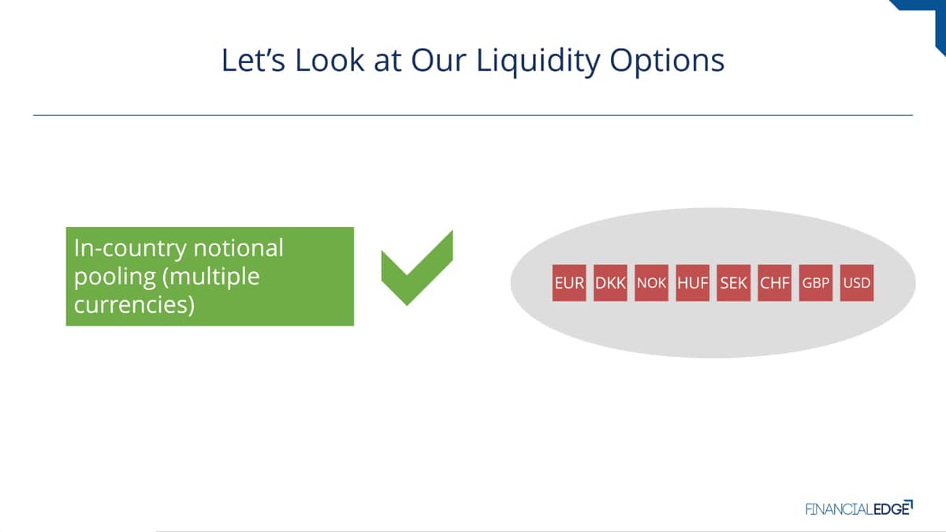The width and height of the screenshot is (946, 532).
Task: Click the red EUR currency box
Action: [x=569, y=283]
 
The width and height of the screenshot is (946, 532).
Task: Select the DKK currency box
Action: [x=610, y=283]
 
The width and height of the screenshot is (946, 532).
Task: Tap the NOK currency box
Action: [x=651, y=283]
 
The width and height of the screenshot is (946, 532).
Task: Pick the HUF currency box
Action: [x=693, y=283]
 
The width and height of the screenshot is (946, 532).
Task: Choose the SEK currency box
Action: [x=734, y=283]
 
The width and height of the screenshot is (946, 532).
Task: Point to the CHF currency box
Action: [x=774, y=283]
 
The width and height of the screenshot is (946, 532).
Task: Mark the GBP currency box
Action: [x=815, y=283]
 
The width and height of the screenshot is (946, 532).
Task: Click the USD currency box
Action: [x=857, y=283]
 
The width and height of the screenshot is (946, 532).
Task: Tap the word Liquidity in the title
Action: [x=538, y=61]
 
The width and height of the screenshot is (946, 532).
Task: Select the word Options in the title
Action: [x=667, y=61]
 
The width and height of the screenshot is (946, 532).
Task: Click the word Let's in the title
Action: [x=253, y=60]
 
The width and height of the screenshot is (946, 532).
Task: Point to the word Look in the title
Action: [x=330, y=60]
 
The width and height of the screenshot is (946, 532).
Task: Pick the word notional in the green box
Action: [x=238, y=247]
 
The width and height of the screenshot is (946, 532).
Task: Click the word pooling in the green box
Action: [x=115, y=278]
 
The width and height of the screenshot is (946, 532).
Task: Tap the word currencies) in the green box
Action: [x=134, y=305]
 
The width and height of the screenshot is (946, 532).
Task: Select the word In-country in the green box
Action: [x=129, y=249]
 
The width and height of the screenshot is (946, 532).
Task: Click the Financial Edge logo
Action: [x=859, y=508]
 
